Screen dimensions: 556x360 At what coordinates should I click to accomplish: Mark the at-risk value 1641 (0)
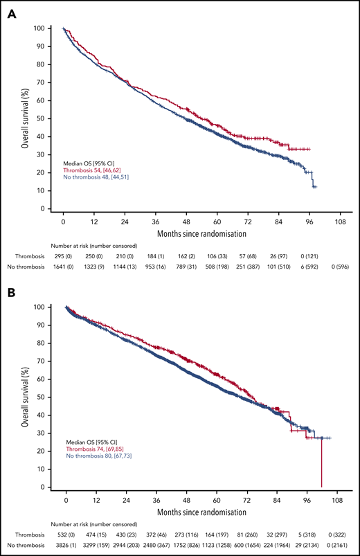click(x=63, y=267)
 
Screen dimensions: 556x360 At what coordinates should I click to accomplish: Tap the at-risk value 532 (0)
click(x=66, y=535)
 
